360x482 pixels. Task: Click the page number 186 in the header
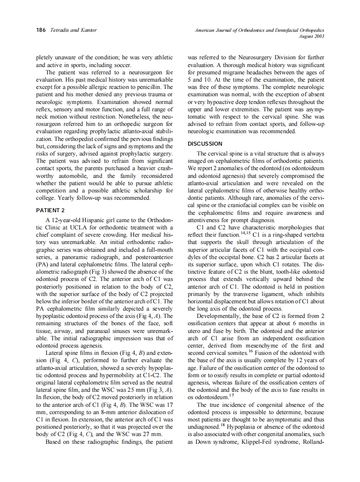coord(41,30)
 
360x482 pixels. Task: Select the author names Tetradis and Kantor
coord(73,30)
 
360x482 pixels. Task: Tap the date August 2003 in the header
coord(311,36)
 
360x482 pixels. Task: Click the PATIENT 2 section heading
coord(50,210)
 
